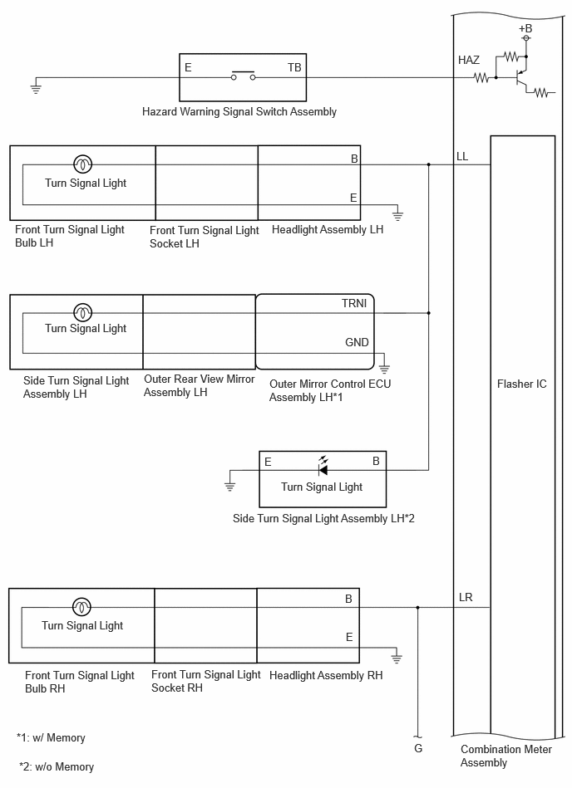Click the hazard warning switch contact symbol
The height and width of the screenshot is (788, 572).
click(x=243, y=76)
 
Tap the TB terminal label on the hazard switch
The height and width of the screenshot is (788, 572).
click(x=294, y=67)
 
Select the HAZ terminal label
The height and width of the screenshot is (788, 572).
click(x=468, y=61)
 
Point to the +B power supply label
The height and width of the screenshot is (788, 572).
click(x=525, y=28)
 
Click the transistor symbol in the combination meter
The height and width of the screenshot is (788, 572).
click(x=520, y=78)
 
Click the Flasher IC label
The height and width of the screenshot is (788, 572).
click(x=521, y=384)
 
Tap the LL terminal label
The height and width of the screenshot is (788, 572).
click(x=462, y=156)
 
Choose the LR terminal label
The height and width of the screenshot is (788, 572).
click(x=466, y=598)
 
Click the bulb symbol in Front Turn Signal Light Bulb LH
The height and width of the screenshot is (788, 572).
click(x=83, y=164)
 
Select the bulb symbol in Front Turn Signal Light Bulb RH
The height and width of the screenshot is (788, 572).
click(x=82, y=607)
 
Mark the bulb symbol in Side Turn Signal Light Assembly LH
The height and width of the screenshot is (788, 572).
click(x=83, y=312)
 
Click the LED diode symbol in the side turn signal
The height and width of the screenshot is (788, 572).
click(x=323, y=467)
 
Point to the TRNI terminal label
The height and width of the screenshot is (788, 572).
click(x=354, y=304)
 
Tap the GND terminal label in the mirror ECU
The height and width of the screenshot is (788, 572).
click(x=357, y=343)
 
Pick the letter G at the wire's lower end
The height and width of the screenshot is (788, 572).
click(x=418, y=749)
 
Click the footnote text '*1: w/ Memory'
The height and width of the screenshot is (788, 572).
click(x=51, y=737)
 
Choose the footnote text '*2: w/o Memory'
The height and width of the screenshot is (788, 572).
click(x=57, y=767)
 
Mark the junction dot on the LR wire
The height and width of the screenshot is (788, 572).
click(x=417, y=608)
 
